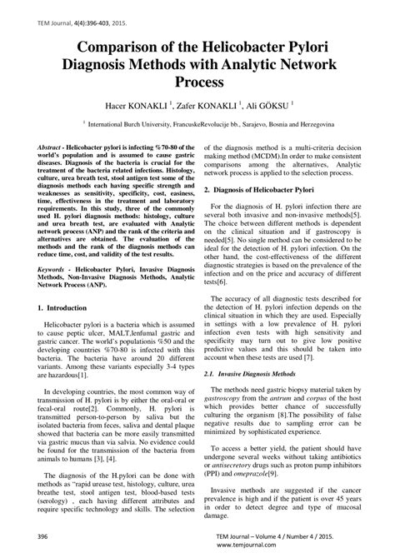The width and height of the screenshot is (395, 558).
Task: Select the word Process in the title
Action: tap(197, 82)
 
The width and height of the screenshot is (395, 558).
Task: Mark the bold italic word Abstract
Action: tap(53, 146)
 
